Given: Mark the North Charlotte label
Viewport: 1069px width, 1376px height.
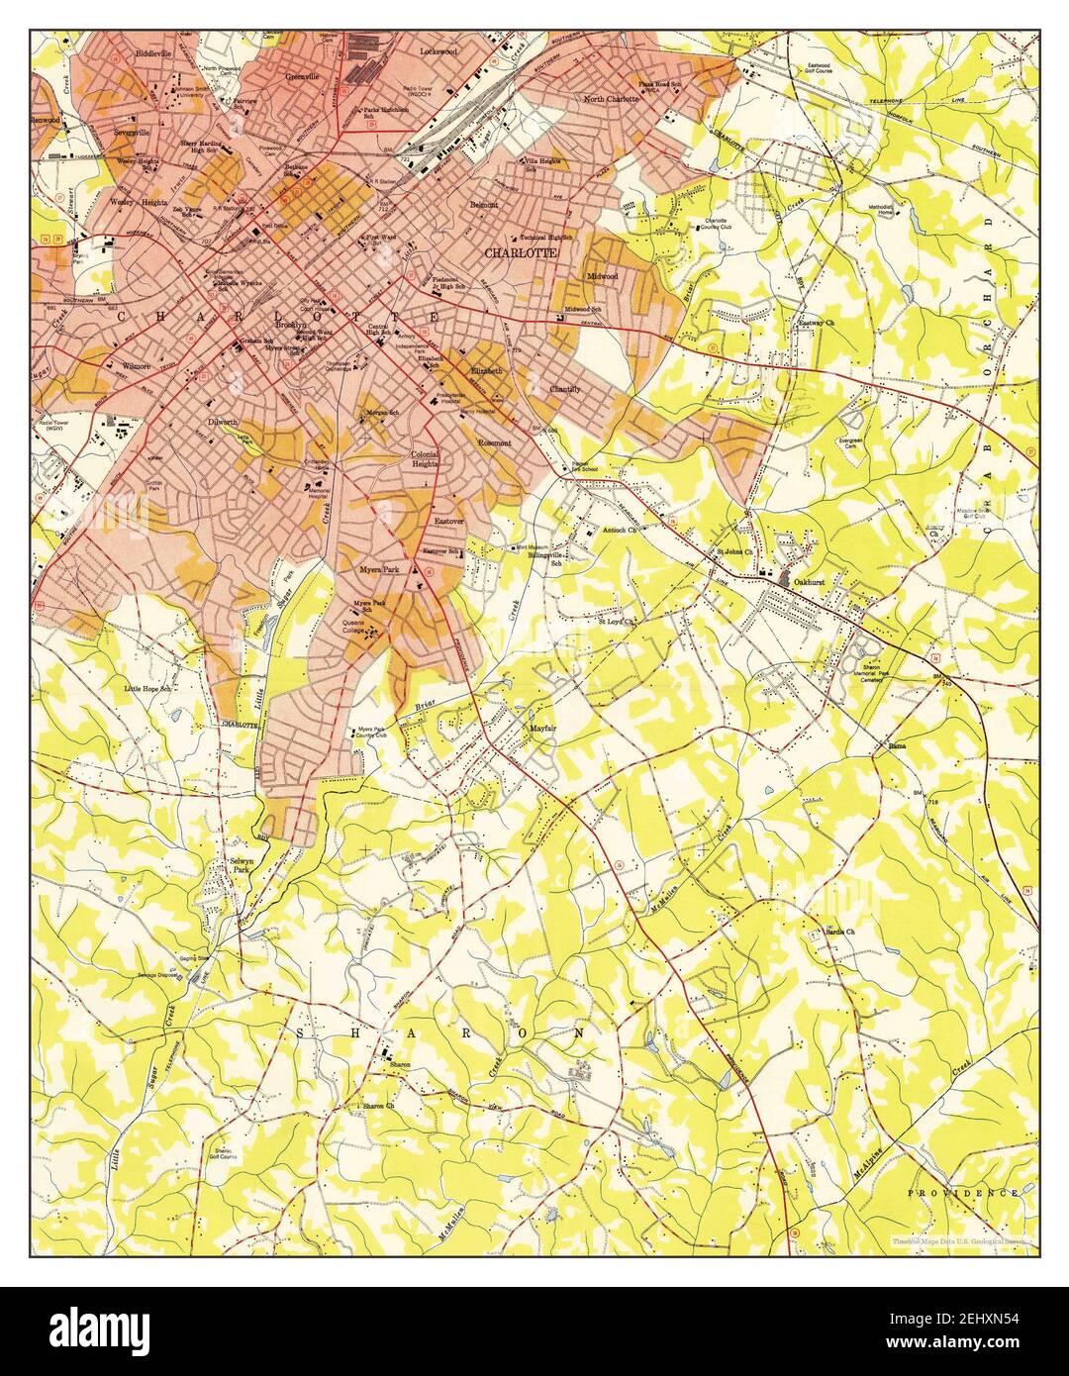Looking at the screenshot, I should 611,99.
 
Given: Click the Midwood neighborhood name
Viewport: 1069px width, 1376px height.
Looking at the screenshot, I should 602,276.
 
